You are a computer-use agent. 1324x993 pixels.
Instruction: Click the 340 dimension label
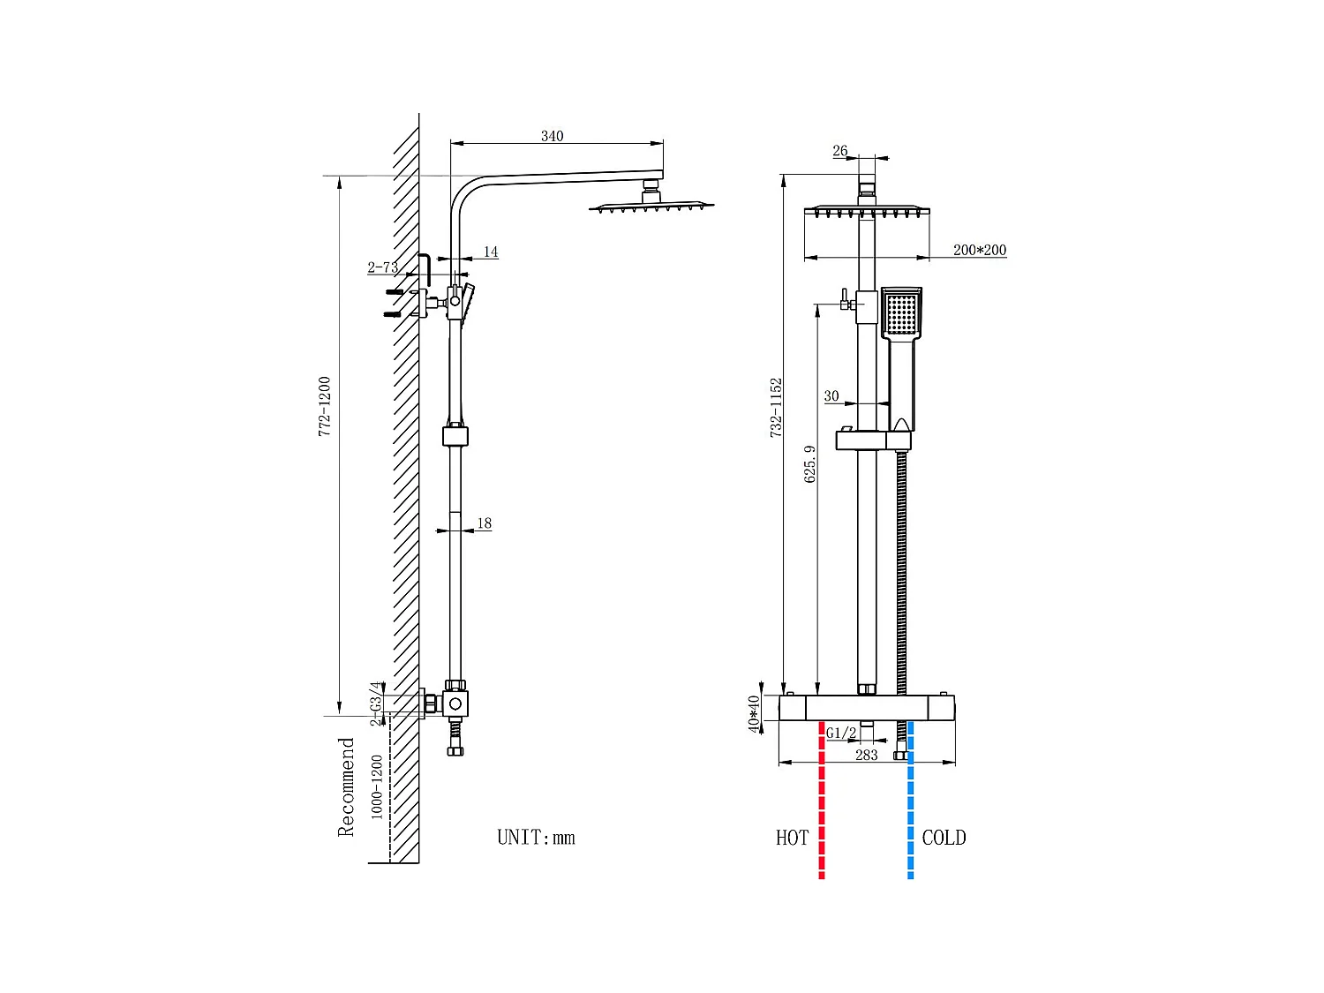coord(552,136)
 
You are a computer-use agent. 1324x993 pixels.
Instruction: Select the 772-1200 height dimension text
coord(325,407)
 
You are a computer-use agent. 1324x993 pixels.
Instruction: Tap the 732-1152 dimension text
coord(776,408)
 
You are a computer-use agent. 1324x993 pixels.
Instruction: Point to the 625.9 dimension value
coord(810,463)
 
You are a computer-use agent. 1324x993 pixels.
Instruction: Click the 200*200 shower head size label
coord(979,250)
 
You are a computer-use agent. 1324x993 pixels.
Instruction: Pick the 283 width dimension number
coord(867,755)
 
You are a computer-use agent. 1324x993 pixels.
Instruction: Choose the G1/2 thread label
coord(841,733)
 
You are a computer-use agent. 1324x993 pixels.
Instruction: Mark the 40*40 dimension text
coord(754,713)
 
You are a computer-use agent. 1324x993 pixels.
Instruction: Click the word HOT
coord(792,838)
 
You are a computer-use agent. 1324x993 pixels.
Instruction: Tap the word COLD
coord(944,838)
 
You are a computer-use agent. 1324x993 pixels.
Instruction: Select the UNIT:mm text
coord(536,838)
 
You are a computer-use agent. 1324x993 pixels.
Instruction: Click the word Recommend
coord(346,787)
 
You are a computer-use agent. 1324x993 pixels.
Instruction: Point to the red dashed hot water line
coord(822,803)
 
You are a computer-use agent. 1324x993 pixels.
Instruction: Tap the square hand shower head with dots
coord(901,312)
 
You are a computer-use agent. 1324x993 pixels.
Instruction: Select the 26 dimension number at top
coord(839,151)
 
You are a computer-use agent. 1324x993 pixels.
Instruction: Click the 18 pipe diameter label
coord(484,523)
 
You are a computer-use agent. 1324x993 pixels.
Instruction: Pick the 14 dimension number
coord(491,252)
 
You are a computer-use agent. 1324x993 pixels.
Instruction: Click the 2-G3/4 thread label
coord(377,703)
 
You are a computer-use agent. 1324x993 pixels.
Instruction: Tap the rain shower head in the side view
coord(651,207)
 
